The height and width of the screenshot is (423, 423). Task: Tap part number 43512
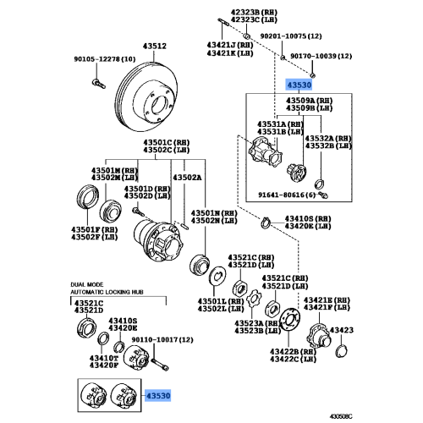pyautogui.click(x=155, y=46)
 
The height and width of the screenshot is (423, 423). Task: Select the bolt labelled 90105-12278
pyautogui.click(x=99, y=84)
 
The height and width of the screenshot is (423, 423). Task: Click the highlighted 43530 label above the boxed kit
pyautogui.click(x=299, y=85)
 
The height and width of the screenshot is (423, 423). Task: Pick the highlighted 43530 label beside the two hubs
pyautogui.click(x=158, y=396)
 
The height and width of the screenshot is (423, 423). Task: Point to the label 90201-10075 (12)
pyautogui.click(x=291, y=36)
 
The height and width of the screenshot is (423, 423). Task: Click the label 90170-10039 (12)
pyautogui.click(x=321, y=56)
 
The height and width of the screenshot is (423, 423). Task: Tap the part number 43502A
pyautogui.click(x=187, y=178)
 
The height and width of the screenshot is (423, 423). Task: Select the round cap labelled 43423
pyautogui.click(x=342, y=351)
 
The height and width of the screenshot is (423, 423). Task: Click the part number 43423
pyautogui.click(x=342, y=330)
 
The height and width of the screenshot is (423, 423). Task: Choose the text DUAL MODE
pyautogui.click(x=87, y=284)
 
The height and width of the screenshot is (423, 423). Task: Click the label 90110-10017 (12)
pyautogui.click(x=162, y=339)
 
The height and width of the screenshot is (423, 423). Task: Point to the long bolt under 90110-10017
pyautogui.click(x=160, y=364)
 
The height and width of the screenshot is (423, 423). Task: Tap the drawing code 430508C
pyautogui.click(x=341, y=416)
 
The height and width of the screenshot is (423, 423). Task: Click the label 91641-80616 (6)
pyautogui.click(x=287, y=195)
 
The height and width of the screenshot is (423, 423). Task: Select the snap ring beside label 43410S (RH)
pyautogui.click(x=265, y=222)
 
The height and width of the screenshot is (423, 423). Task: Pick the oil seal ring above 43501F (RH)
pyautogui.click(x=88, y=197)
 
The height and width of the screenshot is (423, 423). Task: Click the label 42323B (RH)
pyautogui.click(x=254, y=13)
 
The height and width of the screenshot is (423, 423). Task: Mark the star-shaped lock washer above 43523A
pyautogui.click(x=254, y=299)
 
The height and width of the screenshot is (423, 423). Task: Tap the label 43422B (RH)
pyautogui.click(x=293, y=352)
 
